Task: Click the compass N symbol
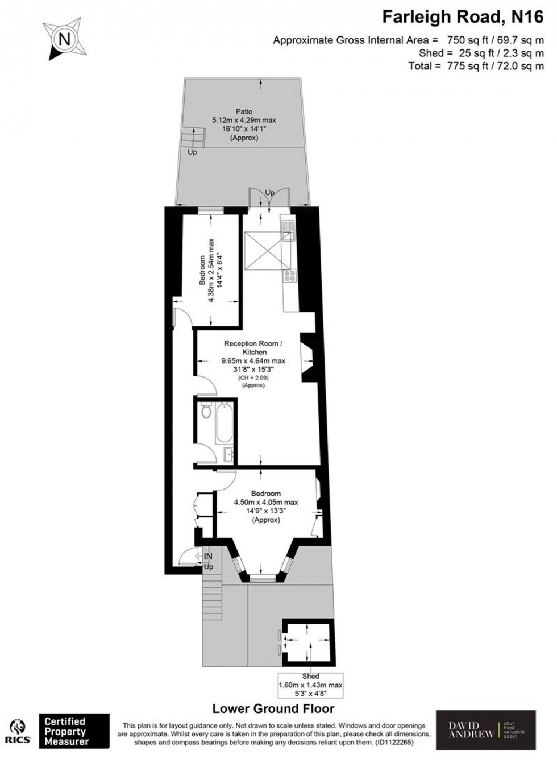64,40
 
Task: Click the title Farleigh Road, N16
462,18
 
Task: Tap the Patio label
244,111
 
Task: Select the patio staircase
193,138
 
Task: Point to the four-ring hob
289,276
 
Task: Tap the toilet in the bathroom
206,410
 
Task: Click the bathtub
224,424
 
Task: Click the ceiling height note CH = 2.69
253,377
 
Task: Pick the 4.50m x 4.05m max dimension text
266,502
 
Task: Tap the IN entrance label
208,557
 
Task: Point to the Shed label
310,676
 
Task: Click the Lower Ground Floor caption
273,708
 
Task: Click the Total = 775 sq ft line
476,66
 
